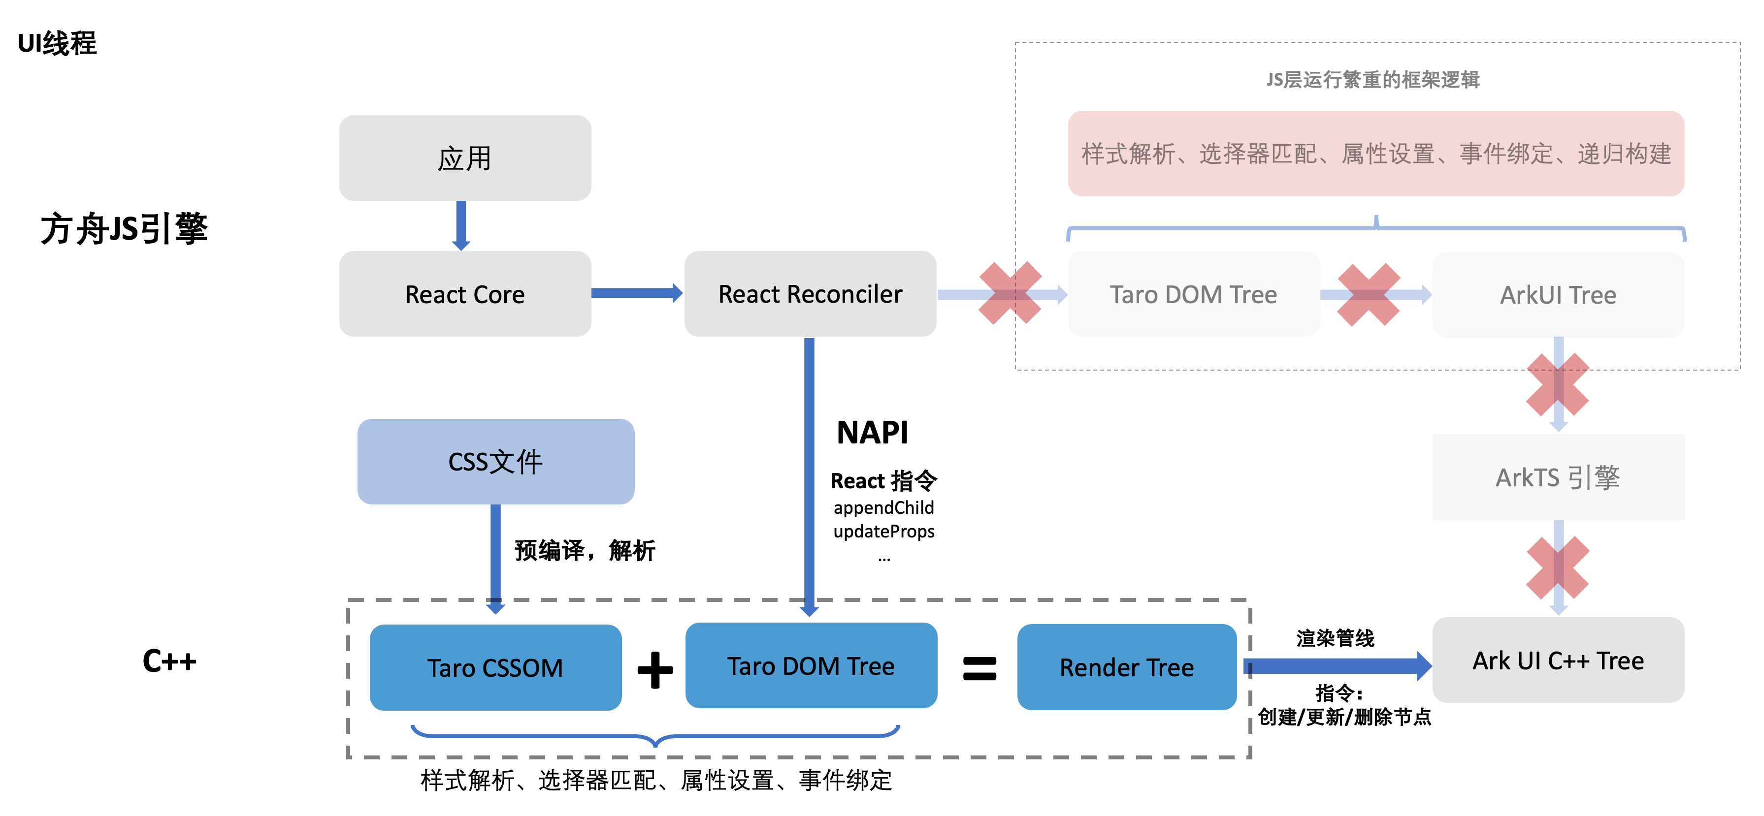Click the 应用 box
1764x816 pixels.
pyautogui.click(x=465, y=158)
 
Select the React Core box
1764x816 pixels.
pyautogui.click(x=465, y=294)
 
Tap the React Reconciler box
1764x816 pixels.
pyautogui.click(x=810, y=294)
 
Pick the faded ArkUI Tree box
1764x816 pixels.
pyautogui.click(x=1558, y=294)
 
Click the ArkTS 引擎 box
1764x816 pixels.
pyautogui.click(x=1558, y=477)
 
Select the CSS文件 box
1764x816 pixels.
pyautogui.click(x=496, y=461)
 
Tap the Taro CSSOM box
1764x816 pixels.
pyautogui.click(x=495, y=667)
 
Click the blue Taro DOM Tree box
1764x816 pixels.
pyautogui.click(x=811, y=665)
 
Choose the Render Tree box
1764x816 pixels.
pyautogui.click(x=1126, y=667)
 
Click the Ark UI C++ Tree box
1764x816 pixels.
pyautogui.click(x=1558, y=660)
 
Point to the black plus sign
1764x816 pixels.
pyautogui.click(x=655, y=669)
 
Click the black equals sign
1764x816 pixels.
pyautogui.click(x=979, y=669)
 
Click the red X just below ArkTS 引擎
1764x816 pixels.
pyautogui.click(x=1558, y=567)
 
